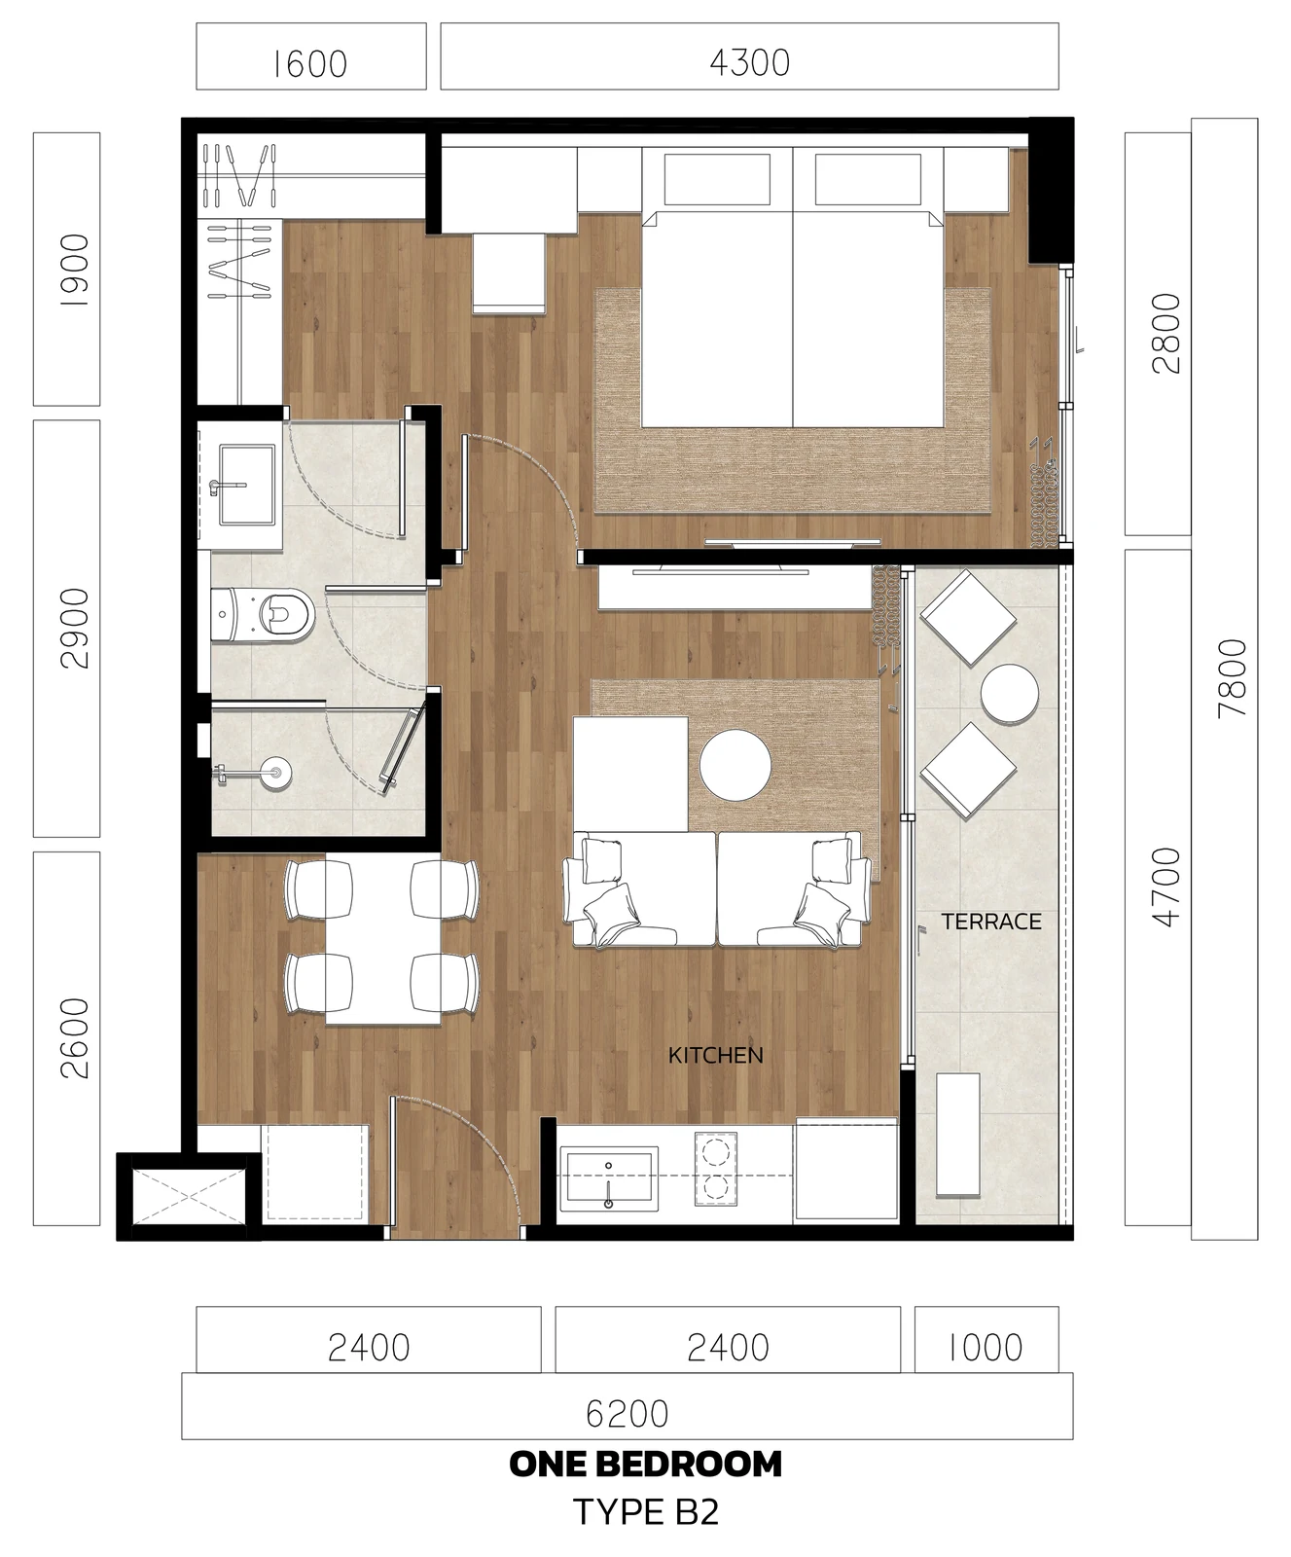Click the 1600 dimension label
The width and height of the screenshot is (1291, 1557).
pyautogui.click(x=309, y=64)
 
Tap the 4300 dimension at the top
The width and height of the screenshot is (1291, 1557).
pyautogui.click(x=749, y=62)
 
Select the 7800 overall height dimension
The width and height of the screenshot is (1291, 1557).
pyautogui.click(x=1232, y=678)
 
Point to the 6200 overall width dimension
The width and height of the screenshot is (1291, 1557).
pyautogui.click(x=628, y=1414)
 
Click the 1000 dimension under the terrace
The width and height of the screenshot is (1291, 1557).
pyautogui.click(x=986, y=1348)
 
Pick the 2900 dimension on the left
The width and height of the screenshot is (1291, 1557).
pyautogui.click(x=75, y=628)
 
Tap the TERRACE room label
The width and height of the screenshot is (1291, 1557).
pyautogui.click(x=991, y=922)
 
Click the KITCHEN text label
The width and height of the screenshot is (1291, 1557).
pyautogui.click(x=715, y=1055)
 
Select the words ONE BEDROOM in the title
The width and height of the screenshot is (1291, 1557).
pyautogui.click(x=645, y=1465)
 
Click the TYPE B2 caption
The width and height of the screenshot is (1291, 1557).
pyautogui.click(x=645, y=1511)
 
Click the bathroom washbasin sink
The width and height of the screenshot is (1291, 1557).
pyautogui.click(x=247, y=484)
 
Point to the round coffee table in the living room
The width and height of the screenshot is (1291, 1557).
pyautogui.click(x=735, y=766)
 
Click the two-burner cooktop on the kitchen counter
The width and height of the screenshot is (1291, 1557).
pyautogui.click(x=716, y=1170)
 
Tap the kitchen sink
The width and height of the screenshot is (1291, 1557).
pyautogui.click(x=609, y=1178)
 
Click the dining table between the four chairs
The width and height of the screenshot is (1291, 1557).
pyautogui.click(x=382, y=941)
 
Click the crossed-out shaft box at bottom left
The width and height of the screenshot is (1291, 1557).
pyautogui.click(x=189, y=1196)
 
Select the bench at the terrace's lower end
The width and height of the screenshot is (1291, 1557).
pyautogui.click(x=958, y=1135)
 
